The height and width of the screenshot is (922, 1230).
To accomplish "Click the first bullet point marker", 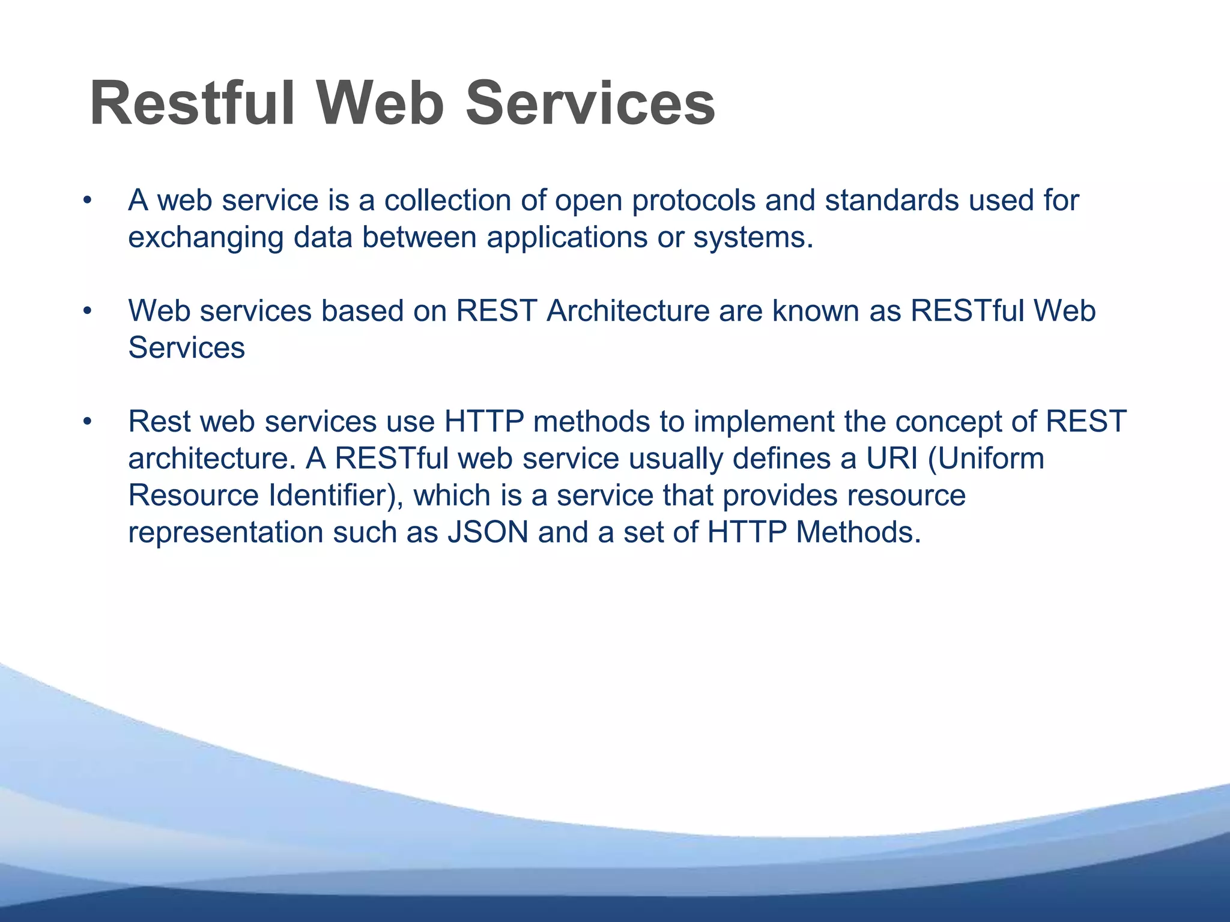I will point(88,201).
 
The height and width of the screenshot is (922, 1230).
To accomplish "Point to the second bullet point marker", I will point(88,312).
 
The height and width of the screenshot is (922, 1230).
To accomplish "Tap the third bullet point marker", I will point(88,422).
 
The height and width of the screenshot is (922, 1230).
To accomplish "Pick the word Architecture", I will point(627,312).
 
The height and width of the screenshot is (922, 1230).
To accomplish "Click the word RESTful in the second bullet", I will point(966,312).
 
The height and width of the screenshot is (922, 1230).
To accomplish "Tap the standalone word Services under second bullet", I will point(186,348).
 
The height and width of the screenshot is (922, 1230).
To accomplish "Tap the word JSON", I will point(487,533).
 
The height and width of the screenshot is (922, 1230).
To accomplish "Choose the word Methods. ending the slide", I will point(858,533).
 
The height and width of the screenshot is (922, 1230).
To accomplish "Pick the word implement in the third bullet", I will point(763,422).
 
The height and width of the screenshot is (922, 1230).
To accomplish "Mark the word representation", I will point(225,533).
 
